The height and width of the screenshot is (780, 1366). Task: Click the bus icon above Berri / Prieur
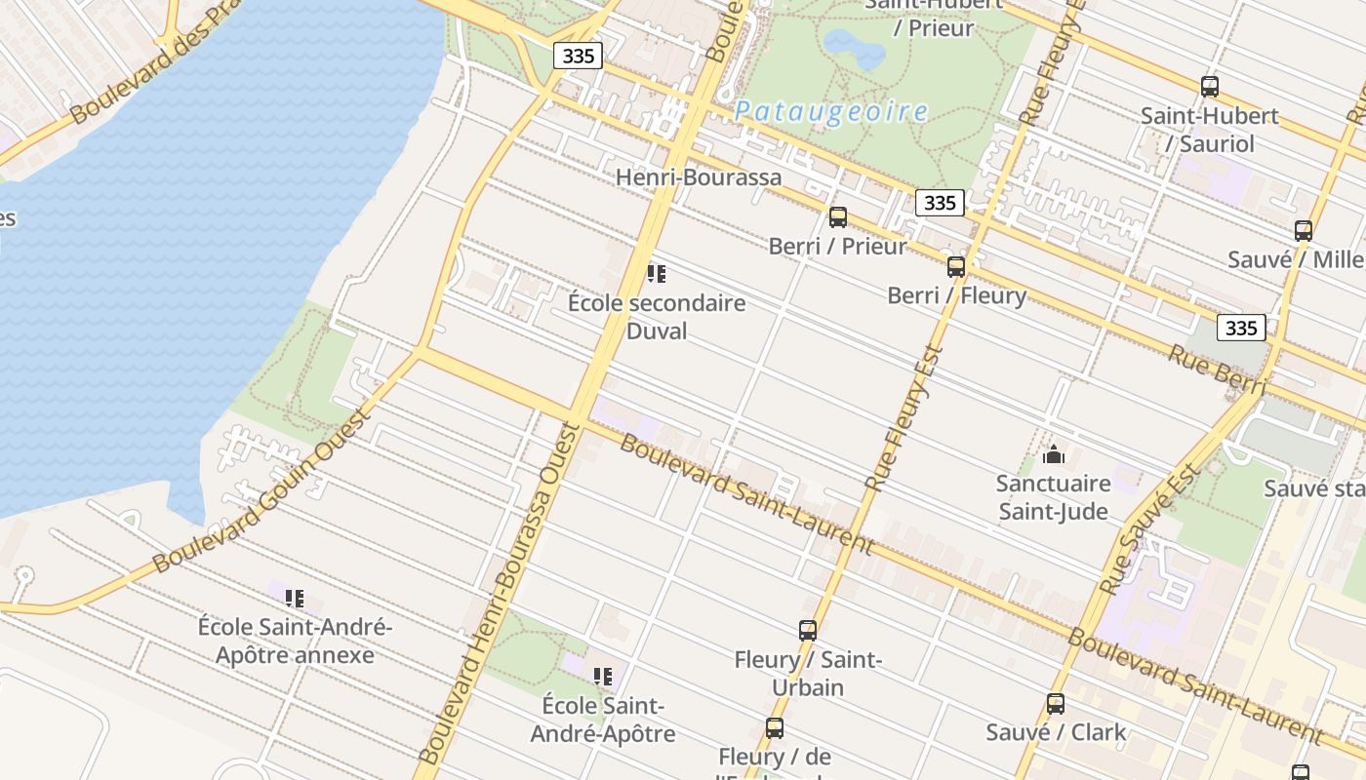click(837, 217)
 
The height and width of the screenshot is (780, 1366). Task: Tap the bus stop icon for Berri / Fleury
click(956, 266)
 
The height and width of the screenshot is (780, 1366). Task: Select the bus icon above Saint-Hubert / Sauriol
click(1210, 87)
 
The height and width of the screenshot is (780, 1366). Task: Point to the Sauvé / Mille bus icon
click(1304, 231)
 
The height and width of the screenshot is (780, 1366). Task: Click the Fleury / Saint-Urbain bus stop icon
click(808, 631)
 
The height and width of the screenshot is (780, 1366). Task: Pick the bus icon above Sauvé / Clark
click(1056, 704)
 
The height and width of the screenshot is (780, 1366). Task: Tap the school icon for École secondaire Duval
click(657, 274)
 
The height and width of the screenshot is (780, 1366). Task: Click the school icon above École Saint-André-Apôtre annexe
click(295, 598)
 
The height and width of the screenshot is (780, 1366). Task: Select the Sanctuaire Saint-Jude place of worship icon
click(1053, 454)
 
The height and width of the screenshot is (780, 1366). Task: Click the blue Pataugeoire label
click(830, 112)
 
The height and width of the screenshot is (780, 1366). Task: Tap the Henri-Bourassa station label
click(699, 177)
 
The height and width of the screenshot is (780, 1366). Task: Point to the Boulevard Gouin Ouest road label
click(261, 490)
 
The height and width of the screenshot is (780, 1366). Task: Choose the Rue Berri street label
click(1216, 371)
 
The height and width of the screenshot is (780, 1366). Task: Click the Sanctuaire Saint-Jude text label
click(1053, 497)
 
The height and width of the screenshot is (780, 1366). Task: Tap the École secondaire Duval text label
click(657, 317)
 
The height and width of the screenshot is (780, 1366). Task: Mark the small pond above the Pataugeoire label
click(841, 44)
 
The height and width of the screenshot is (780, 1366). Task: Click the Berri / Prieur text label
click(837, 247)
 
